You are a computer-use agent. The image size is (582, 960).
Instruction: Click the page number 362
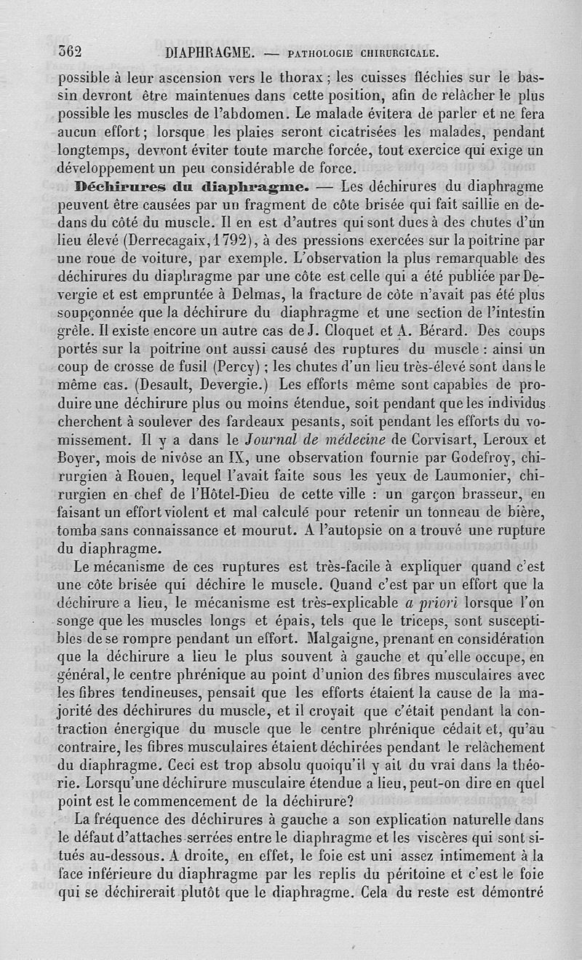(71, 52)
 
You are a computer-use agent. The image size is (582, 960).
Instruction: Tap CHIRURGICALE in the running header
(397, 53)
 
